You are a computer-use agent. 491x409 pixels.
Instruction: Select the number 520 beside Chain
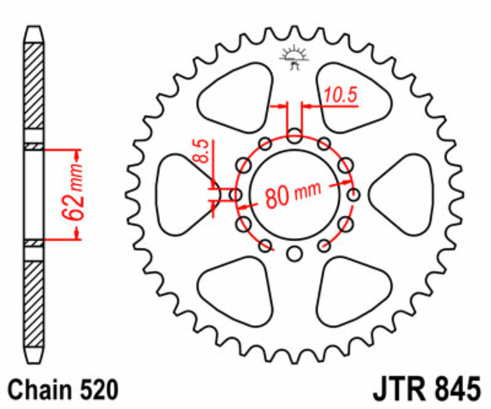click(96, 390)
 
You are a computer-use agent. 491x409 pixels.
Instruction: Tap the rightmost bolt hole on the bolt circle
click(354, 195)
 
